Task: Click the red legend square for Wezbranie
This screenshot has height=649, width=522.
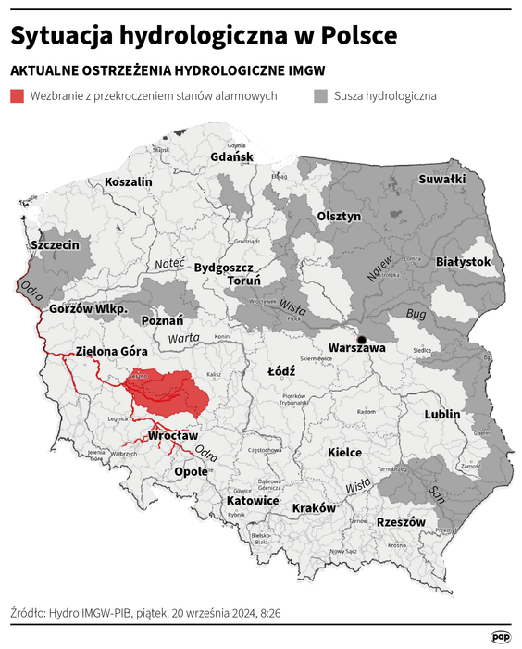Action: (17, 95)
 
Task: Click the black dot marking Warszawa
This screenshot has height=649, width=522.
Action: (362, 339)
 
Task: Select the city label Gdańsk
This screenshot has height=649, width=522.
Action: (231, 156)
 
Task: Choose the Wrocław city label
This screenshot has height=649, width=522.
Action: (173, 435)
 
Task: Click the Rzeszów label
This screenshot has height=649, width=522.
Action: (401, 522)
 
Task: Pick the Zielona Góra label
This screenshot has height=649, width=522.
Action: (111, 351)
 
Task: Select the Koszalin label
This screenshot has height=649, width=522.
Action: (129, 182)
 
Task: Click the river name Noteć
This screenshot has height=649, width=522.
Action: (170, 264)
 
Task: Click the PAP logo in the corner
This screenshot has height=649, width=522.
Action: (501, 637)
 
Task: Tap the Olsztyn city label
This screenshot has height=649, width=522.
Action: (339, 215)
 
